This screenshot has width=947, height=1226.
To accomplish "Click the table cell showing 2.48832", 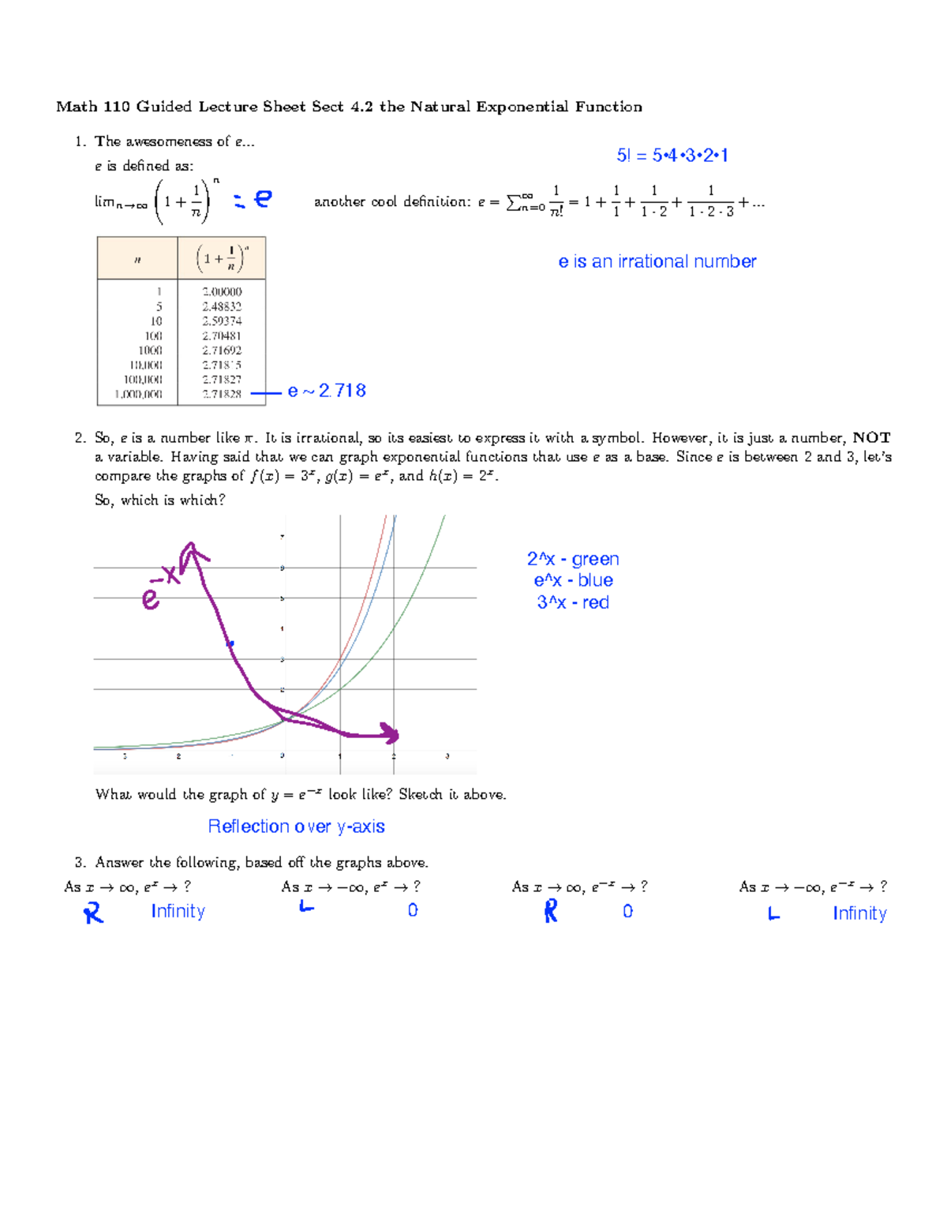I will (222, 306).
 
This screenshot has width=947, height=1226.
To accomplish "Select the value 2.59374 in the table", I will (222, 321).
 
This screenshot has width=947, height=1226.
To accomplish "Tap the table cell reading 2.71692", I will (222, 351).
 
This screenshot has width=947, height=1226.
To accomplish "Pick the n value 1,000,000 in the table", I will (139, 394).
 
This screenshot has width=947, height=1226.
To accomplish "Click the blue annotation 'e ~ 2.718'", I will (327, 391).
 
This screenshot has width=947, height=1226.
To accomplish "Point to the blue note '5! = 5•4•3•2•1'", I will (672, 156).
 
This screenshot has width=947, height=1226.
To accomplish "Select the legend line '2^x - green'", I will (573, 559).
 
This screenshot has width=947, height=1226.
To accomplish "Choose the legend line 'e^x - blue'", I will (573, 580).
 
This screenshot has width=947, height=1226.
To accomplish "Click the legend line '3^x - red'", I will (573, 602).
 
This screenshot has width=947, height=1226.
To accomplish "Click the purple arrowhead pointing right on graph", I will (390, 733).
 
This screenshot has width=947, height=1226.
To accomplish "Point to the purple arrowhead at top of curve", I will (190, 551).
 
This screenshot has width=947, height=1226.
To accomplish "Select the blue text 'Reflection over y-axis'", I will (296, 827).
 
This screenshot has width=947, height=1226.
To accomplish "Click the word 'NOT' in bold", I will (871, 437).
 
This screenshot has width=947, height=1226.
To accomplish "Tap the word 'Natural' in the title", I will (439, 107).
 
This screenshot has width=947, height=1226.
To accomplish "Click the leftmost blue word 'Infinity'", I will (178, 911).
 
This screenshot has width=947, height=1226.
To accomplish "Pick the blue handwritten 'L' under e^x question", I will (306, 907).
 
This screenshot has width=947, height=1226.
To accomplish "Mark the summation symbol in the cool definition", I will (514, 202).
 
